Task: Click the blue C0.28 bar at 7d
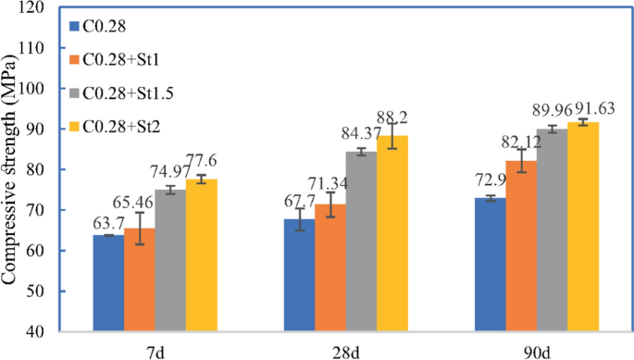tap(108, 283)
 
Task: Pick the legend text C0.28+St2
tap(119, 125)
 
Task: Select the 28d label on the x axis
tap(345, 348)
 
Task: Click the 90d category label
tap(536, 348)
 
